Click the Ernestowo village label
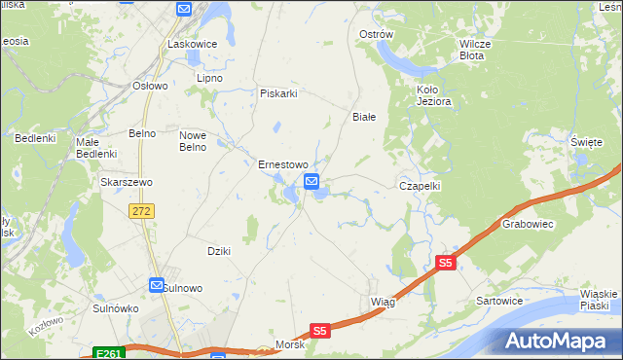click(282, 164)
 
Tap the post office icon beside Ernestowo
click(311, 182)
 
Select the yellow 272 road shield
click(142, 210)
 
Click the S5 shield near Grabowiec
click(446, 263)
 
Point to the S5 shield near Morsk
click(321, 331)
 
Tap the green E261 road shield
click(109, 353)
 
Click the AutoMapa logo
click(560, 342)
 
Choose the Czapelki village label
click(421, 185)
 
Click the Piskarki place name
click(277, 93)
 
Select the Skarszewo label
click(123, 181)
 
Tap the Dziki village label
click(218, 251)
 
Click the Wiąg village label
click(383, 302)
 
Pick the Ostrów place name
click(376, 34)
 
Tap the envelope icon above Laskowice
click(186, 9)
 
